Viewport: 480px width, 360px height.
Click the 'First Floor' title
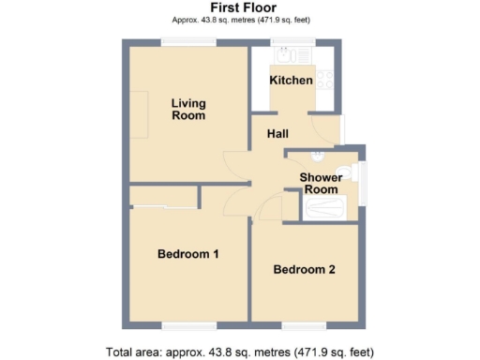click(x=241, y=7)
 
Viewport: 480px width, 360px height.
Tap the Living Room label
click(x=188, y=109)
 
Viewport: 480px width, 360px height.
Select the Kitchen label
click(x=291, y=81)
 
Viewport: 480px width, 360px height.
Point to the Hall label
click(x=277, y=134)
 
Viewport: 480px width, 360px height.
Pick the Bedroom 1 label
click(x=187, y=254)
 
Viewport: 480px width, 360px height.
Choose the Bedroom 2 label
click(x=304, y=270)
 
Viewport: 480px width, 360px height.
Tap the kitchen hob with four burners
click(x=326, y=81)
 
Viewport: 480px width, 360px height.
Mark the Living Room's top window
click(x=187, y=40)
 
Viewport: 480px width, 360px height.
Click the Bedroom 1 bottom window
click(x=187, y=325)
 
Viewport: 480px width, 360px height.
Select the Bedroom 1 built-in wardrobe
click(x=164, y=197)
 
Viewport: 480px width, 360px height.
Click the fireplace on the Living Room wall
click(x=137, y=114)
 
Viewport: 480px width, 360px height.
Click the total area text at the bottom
click(x=241, y=352)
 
